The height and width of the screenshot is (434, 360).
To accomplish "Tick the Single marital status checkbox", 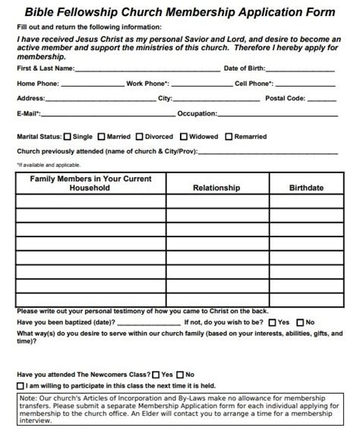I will click(x=68, y=137).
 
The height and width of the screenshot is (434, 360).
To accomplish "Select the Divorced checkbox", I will click(x=140, y=137).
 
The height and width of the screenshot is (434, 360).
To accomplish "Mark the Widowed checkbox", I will click(x=185, y=137).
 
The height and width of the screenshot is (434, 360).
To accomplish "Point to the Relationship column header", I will click(x=216, y=188).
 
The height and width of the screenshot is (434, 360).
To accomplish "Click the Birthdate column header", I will click(x=306, y=188).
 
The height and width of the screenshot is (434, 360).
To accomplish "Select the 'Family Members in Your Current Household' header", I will click(x=90, y=183).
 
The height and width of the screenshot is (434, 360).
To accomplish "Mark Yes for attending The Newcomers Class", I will click(x=156, y=375).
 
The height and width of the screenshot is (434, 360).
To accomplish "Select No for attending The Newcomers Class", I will click(x=180, y=375).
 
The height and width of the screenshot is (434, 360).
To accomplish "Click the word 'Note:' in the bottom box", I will click(x=30, y=398).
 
